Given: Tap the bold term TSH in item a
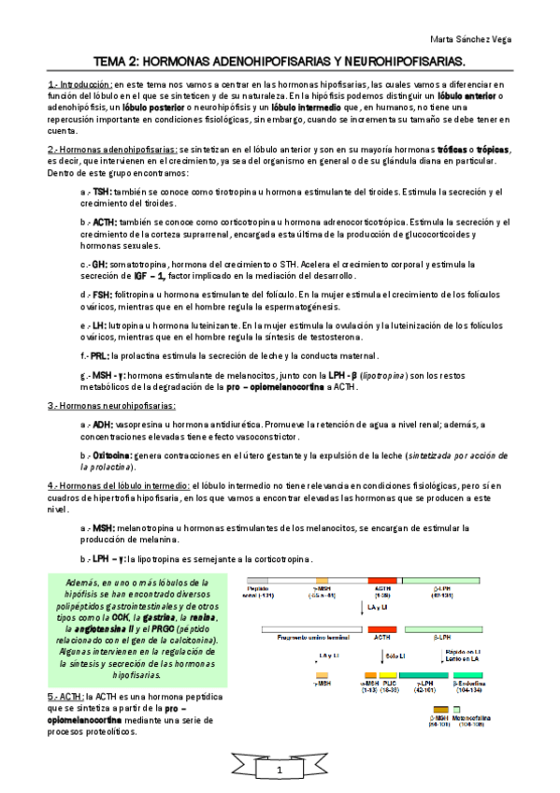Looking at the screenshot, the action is [101, 191].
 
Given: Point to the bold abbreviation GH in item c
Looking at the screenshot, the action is [100, 265].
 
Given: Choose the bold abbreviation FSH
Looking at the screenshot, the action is [101, 295].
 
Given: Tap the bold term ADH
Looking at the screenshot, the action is [102, 425].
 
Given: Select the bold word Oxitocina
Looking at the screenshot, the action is [112, 454].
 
